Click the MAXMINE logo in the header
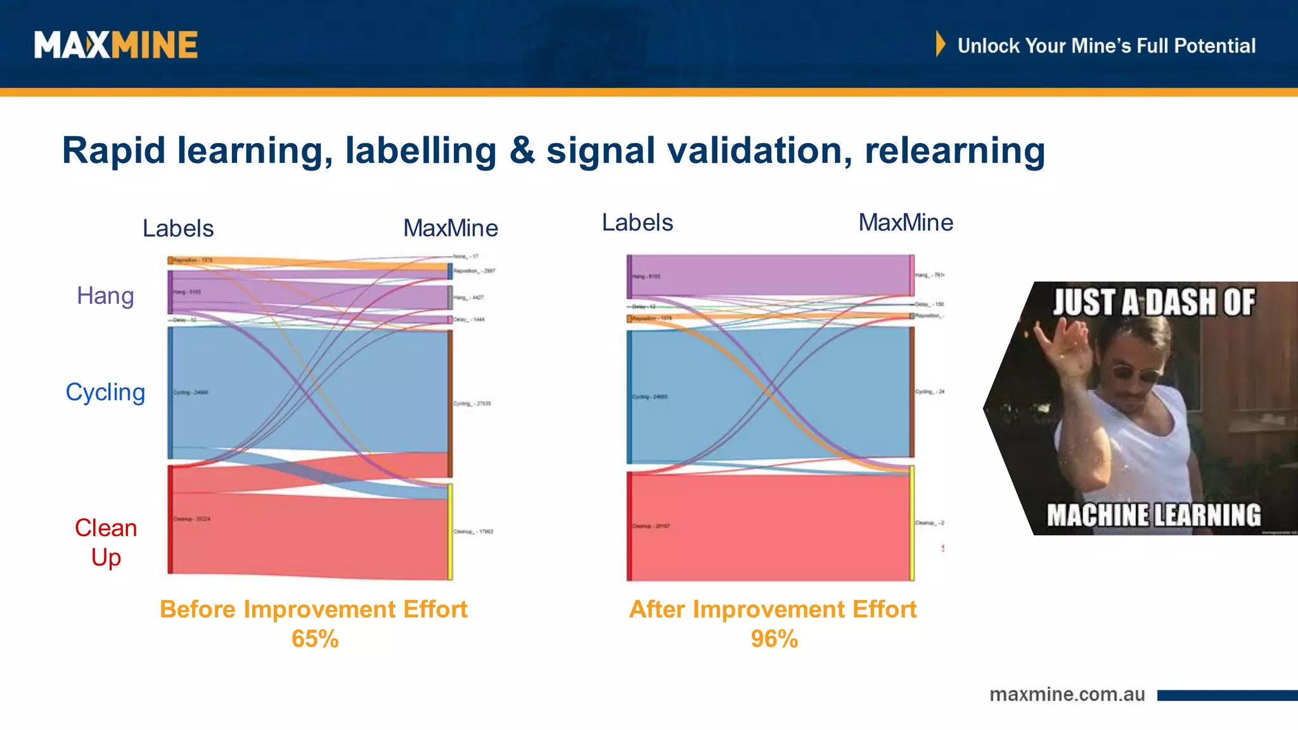[x=116, y=45]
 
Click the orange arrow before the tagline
[x=941, y=44]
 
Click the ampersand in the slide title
[x=522, y=151]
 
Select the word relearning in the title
[x=954, y=151]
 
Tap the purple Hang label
[x=105, y=296]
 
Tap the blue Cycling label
[x=105, y=392]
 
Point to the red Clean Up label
[x=106, y=542]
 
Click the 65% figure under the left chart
[x=315, y=639]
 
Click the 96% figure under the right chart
[x=774, y=639]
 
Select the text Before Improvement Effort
[x=313, y=609]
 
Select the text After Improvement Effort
[x=773, y=609]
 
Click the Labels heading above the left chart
[x=178, y=228]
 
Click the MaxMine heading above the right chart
[x=906, y=222]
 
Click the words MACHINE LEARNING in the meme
[x=1153, y=515]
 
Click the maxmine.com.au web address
[x=1067, y=695]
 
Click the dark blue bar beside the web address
[x=1227, y=695]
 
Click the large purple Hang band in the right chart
[x=770, y=275]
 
